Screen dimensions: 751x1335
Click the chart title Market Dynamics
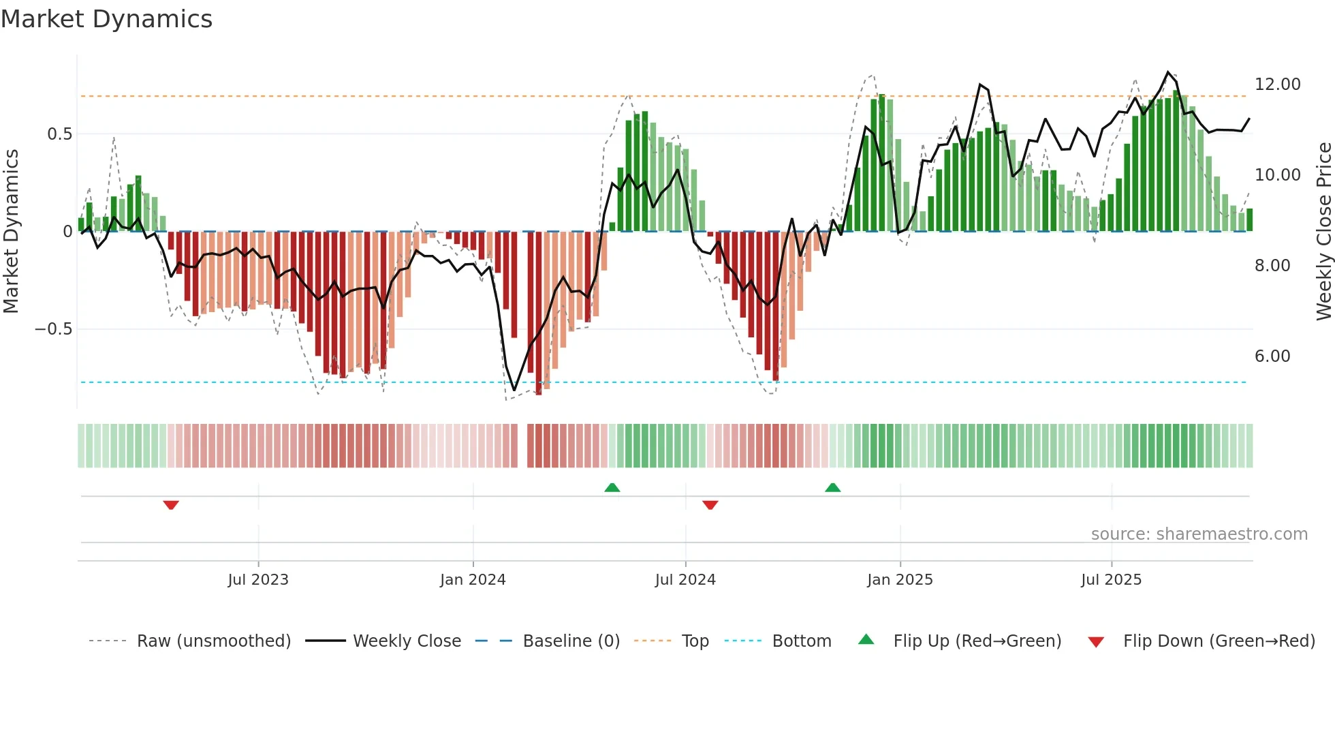coord(106,19)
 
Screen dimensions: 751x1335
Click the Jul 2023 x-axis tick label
coord(258,580)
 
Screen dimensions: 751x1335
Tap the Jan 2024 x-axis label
coord(473,580)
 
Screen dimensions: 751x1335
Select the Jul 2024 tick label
coord(685,580)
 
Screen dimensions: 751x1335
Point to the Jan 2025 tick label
coord(900,580)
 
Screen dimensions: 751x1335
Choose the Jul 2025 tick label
coord(1111,580)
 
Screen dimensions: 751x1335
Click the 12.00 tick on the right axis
coord(1277,85)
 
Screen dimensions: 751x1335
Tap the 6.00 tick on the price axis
coord(1272,356)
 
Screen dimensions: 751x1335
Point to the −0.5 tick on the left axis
coord(53,329)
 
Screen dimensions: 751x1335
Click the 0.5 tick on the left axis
coord(59,134)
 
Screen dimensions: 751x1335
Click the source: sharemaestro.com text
coord(1199,534)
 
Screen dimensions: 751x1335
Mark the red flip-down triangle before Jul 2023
coord(171,504)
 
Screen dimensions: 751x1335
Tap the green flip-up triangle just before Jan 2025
coord(832,487)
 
